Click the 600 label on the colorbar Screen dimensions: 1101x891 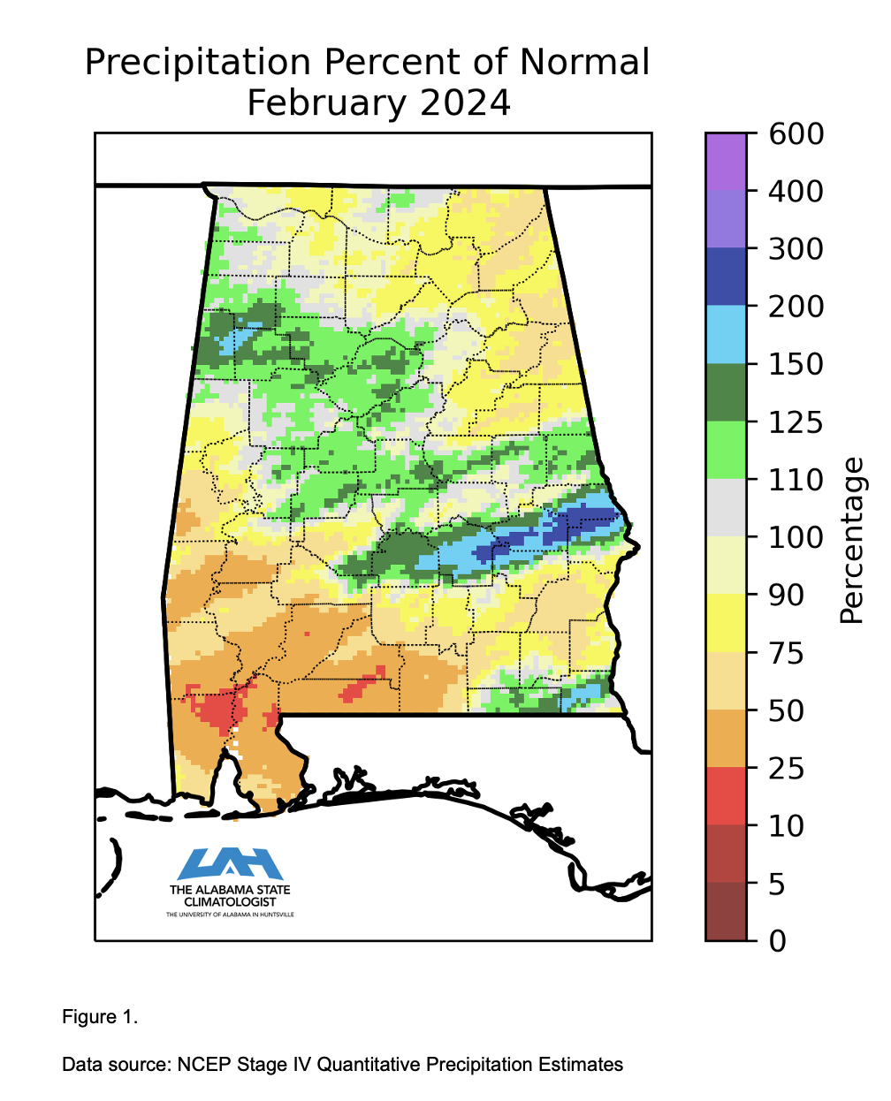pyautogui.click(x=796, y=134)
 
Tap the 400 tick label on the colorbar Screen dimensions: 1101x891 pyautogui.click(x=796, y=192)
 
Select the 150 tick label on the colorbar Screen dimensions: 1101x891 pyautogui.click(x=796, y=365)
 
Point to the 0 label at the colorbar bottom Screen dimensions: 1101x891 pyautogui.click(x=778, y=941)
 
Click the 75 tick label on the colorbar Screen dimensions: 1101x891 pyautogui.click(x=786, y=654)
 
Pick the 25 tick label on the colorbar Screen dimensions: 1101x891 pyautogui.click(x=786, y=769)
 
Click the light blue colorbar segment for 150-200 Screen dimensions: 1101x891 pyautogui.click(x=726, y=335)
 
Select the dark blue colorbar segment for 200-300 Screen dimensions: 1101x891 pyautogui.click(x=726, y=277)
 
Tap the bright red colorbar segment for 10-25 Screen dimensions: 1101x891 pyautogui.click(x=726, y=796)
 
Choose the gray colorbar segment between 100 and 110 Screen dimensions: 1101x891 pyautogui.click(x=726, y=508)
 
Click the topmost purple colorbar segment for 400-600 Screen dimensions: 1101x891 pyautogui.click(x=726, y=162)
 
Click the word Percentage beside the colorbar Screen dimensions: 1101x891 pyautogui.click(x=851, y=541)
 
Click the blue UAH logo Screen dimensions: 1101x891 pyautogui.click(x=230, y=863)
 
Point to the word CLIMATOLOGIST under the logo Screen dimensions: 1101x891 pyautogui.click(x=230, y=902)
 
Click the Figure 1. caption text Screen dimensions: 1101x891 pyautogui.click(x=100, y=1017)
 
